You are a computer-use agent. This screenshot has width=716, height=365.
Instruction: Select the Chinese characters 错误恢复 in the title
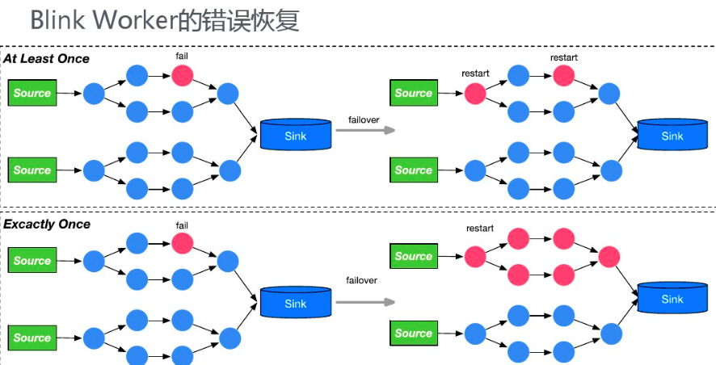point(253,20)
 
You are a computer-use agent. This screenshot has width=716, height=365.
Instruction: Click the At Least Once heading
point(46,59)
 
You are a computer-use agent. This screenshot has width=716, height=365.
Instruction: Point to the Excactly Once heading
point(47,224)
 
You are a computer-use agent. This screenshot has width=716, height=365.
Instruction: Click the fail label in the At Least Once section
point(182,57)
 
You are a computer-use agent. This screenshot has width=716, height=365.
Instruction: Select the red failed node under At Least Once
point(182,76)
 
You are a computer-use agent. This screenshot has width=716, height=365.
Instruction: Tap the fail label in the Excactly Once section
point(182,224)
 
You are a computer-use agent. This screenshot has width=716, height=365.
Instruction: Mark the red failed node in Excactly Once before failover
point(182,243)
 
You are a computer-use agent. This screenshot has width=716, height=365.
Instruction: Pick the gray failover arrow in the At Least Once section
point(365,130)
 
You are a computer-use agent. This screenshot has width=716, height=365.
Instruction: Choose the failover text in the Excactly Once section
point(362,280)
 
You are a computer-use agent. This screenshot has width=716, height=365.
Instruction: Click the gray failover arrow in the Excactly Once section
point(365,301)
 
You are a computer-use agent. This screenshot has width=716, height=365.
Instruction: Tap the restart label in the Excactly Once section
point(479,229)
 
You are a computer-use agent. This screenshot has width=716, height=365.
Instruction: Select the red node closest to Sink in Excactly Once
point(609,257)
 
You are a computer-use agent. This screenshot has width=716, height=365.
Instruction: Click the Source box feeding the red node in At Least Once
point(413,93)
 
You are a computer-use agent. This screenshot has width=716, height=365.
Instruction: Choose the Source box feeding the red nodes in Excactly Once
point(413,257)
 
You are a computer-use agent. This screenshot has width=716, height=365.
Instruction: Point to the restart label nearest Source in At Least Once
point(475,73)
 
